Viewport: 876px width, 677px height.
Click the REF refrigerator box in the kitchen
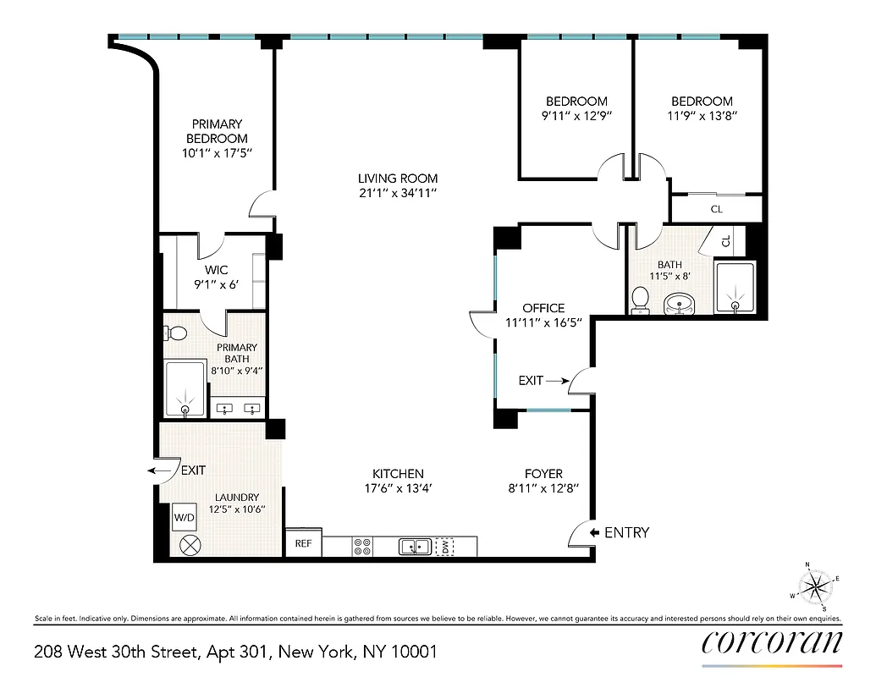click(x=302, y=544)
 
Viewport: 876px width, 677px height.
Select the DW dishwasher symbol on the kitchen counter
click(x=444, y=547)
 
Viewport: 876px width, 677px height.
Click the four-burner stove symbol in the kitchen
click(x=361, y=547)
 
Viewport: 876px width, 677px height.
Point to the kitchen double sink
click(x=414, y=547)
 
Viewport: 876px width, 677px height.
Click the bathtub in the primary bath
click(x=185, y=389)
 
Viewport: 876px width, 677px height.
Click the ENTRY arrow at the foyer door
click(x=595, y=532)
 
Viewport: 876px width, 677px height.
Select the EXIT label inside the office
click(x=531, y=381)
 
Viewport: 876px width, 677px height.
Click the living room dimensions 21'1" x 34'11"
click(x=398, y=194)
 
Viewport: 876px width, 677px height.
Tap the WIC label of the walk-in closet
click(x=217, y=270)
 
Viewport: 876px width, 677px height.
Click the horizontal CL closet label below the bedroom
click(x=716, y=208)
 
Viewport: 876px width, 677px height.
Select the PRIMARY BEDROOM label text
click(x=217, y=131)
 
